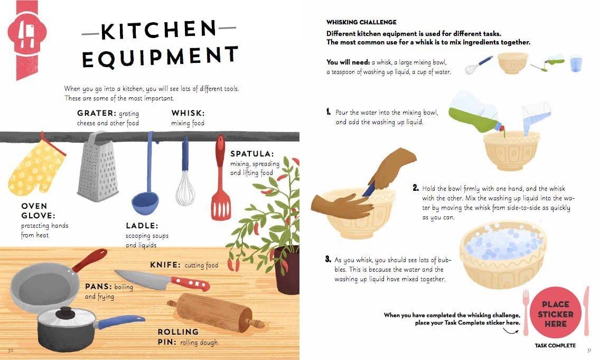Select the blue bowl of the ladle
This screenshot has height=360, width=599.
coord(145,200)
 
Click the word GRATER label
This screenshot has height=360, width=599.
coord(96,113)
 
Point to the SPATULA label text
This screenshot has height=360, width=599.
coord(252,154)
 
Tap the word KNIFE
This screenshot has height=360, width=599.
coord(166,265)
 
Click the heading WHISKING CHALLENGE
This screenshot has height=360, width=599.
coord(361,22)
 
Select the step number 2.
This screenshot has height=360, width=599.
coord(415,188)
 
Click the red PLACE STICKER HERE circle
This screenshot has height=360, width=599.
coord(555,313)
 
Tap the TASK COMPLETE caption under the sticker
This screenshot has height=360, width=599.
coord(555,346)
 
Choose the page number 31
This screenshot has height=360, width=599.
coord(589,350)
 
